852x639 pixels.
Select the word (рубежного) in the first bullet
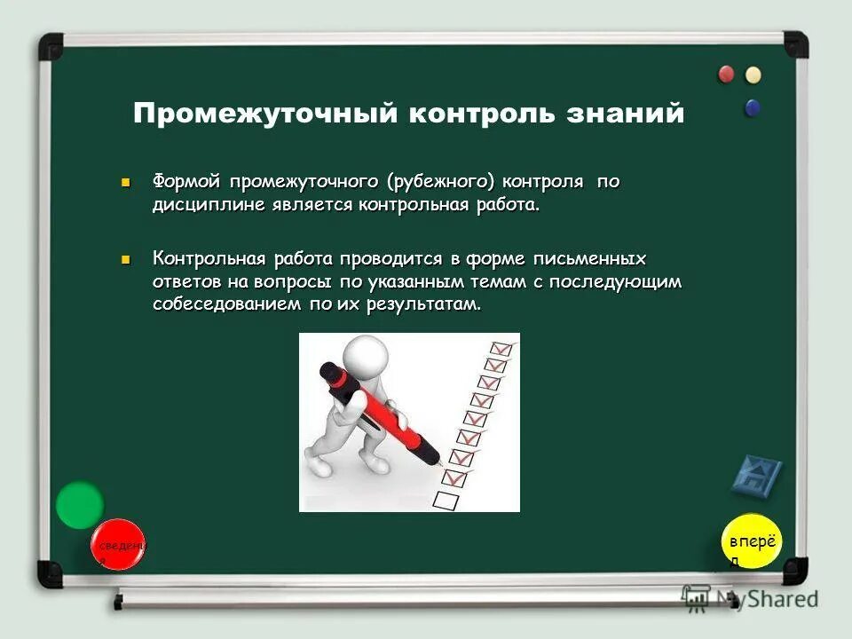tap(440, 182)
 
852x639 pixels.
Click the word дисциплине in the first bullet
tap(201, 205)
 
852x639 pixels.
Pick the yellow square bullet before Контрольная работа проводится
tap(126, 259)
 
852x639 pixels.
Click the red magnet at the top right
tap(727, 74)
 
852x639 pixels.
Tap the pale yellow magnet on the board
tap(753, 75)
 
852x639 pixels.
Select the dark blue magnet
tap(753, 108)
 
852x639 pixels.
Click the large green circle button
tap(80, 505)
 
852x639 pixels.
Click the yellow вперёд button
tap(752, 542)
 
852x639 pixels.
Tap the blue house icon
tap(757, 476)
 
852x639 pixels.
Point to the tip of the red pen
tap(441, 465)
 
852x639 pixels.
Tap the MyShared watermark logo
tap(750, 597)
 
